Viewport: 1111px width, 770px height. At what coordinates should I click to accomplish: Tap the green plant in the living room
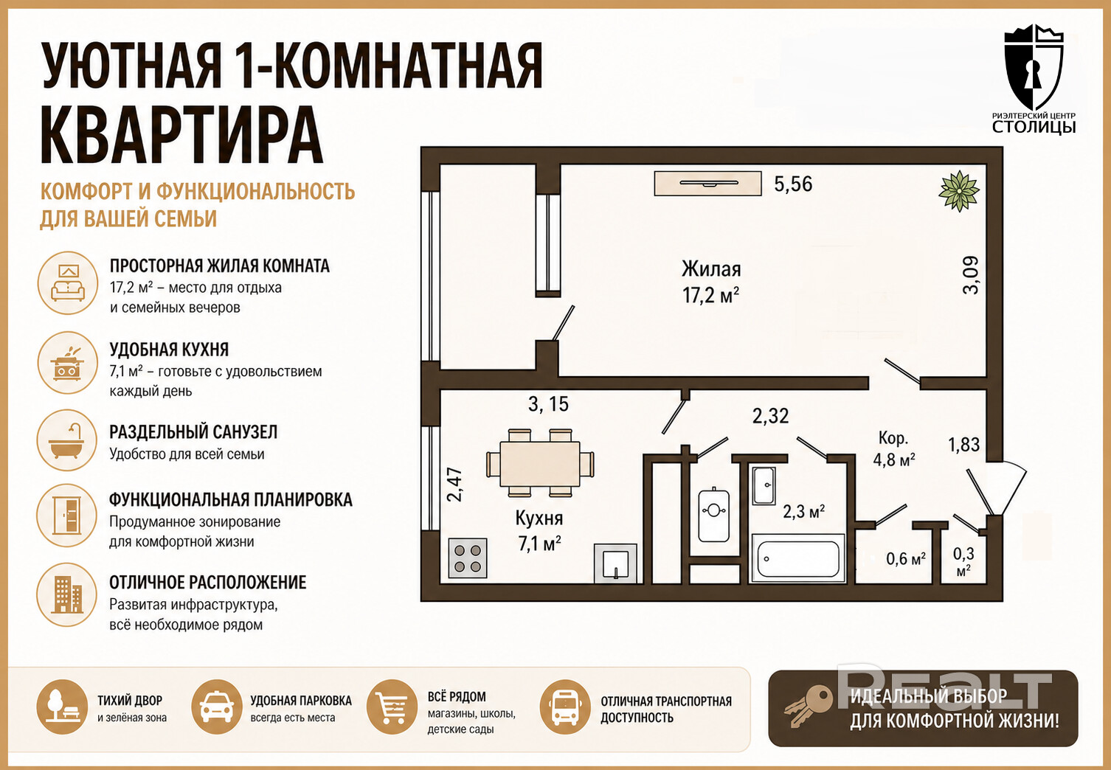(x=959, y=190)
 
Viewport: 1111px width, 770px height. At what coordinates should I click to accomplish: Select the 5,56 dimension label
(x=794, y=184)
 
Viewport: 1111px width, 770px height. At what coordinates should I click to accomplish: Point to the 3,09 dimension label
(x=971, y=275)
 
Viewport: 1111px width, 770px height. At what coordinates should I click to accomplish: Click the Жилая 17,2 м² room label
(x=710, y=282)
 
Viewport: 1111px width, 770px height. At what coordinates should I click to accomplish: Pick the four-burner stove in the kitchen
(x=467, y=558)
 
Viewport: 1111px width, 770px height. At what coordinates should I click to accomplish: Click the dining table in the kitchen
(x=539, y=462)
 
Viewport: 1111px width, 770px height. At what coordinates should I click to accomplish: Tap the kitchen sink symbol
(x=615, y=563)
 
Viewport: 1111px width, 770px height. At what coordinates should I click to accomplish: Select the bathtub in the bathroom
(x=798, y=558)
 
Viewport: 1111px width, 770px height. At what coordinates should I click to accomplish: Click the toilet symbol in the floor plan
(x=713, y=514)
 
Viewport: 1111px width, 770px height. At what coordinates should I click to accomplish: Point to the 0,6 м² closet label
(x=906, y=559)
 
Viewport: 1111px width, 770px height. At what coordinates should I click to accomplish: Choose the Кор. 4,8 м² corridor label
(x=894, y=449)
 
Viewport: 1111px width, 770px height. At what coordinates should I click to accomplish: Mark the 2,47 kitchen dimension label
(x=455, y=485)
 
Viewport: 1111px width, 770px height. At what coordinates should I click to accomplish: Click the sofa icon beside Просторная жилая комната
(x=68, y=282)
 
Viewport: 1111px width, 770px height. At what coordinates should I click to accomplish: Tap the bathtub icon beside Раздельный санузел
(x=67, y=440)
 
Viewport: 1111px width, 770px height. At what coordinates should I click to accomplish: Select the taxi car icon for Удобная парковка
(x=216, y=707)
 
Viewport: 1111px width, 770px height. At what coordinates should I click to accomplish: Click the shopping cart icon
(x=392, y=707)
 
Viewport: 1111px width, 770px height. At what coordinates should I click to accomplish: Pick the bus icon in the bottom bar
(x=565, y=707)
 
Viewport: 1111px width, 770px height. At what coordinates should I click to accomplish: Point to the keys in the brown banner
(x=808, y=706)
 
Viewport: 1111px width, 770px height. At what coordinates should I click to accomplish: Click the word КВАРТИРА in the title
(x=181, y=134)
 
